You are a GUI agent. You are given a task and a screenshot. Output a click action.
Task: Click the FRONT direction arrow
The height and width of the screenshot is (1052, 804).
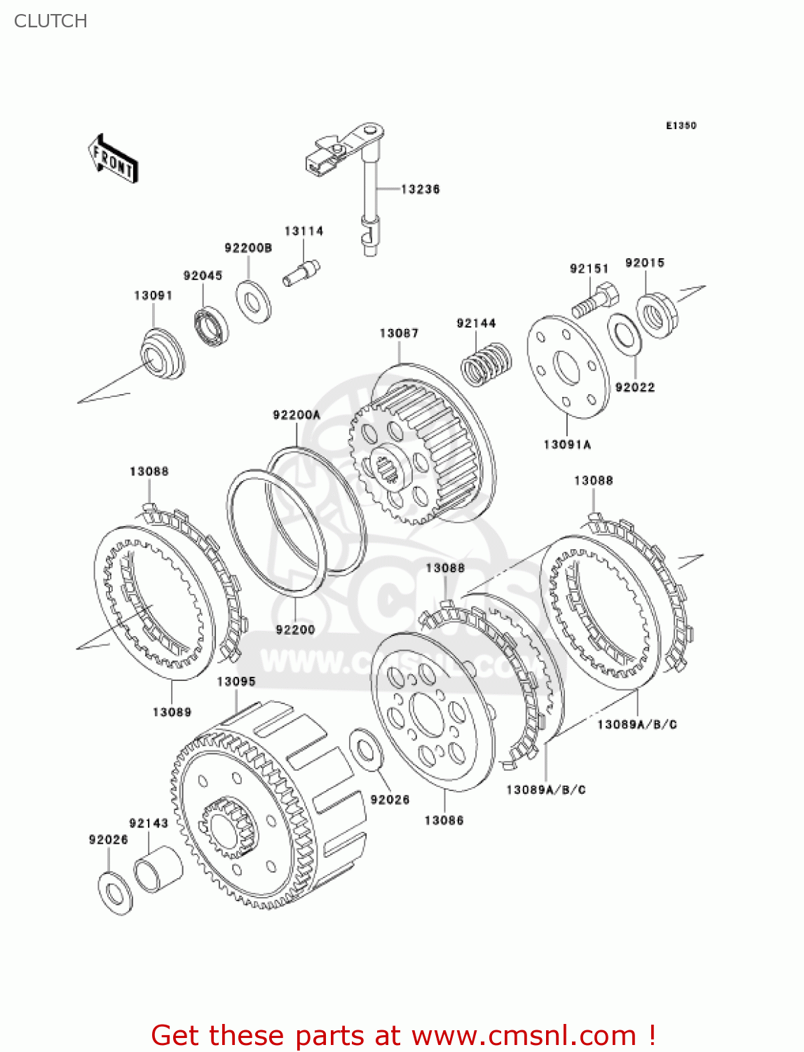113,160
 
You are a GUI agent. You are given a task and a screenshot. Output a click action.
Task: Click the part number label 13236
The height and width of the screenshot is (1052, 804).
420,189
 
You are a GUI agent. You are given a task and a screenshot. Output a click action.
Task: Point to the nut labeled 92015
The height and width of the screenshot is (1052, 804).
657,314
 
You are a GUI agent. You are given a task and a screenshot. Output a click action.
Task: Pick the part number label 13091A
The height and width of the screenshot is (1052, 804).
567,445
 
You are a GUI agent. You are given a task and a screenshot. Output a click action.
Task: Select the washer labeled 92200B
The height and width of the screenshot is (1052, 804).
253,301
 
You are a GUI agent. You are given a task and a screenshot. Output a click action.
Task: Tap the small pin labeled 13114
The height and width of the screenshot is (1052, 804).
301,272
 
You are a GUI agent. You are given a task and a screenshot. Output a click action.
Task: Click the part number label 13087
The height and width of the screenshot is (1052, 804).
399,333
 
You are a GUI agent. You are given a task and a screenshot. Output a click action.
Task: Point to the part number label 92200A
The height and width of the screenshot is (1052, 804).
296,415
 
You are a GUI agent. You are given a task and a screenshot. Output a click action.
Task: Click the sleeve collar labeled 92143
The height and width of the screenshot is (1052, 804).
158,869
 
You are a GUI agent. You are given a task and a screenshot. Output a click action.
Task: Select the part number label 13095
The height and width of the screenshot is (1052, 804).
236,682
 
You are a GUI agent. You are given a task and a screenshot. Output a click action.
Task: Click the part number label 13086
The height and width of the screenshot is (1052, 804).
444,820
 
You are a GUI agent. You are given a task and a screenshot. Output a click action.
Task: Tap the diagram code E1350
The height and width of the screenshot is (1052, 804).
681,126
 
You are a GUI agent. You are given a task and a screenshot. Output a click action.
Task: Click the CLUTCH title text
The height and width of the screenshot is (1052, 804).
50,21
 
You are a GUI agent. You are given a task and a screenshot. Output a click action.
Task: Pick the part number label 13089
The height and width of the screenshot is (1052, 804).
172,712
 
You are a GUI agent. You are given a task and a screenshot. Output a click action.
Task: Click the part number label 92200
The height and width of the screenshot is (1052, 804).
295,630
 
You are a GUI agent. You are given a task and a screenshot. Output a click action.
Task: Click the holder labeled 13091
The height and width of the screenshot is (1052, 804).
162,355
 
